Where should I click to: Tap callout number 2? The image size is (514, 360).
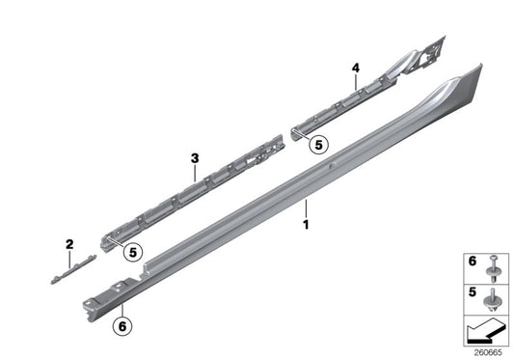(x=69, y=244)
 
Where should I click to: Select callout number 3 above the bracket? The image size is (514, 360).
(x=194, y=158)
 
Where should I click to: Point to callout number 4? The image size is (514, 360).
(x=356, y=68)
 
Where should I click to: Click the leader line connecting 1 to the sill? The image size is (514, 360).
(x=306, y=207)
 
